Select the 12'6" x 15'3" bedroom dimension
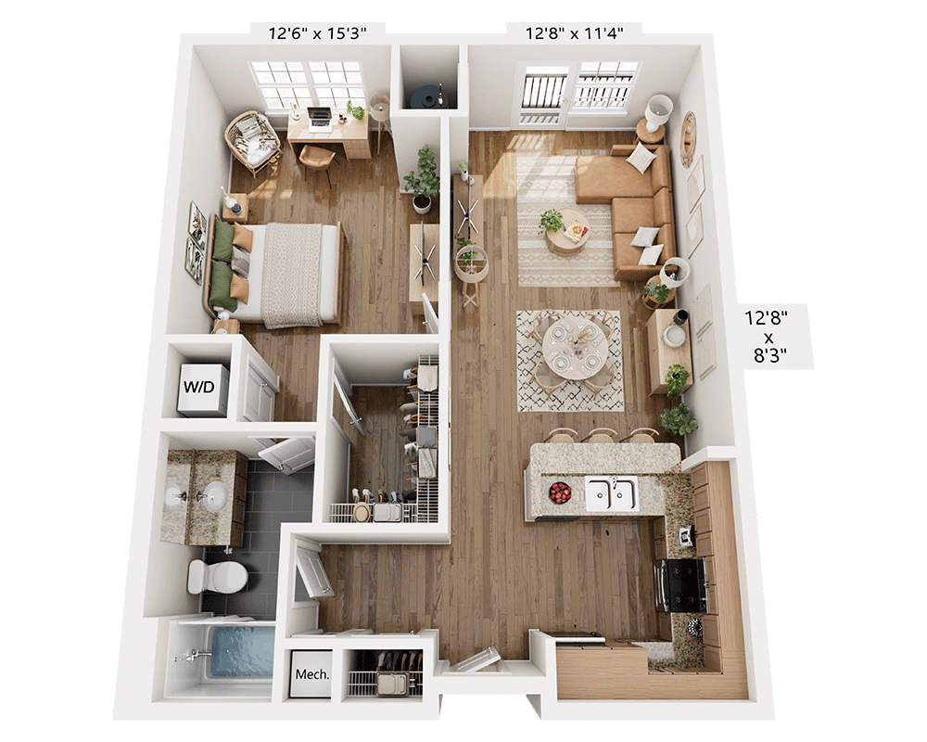318,33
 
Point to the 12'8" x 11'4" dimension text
576,33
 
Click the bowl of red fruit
560,493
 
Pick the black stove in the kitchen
682,585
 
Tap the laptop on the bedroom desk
320,118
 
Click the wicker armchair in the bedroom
252,140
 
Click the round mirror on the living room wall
687,138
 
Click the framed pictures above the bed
196,242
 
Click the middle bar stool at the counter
602,435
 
